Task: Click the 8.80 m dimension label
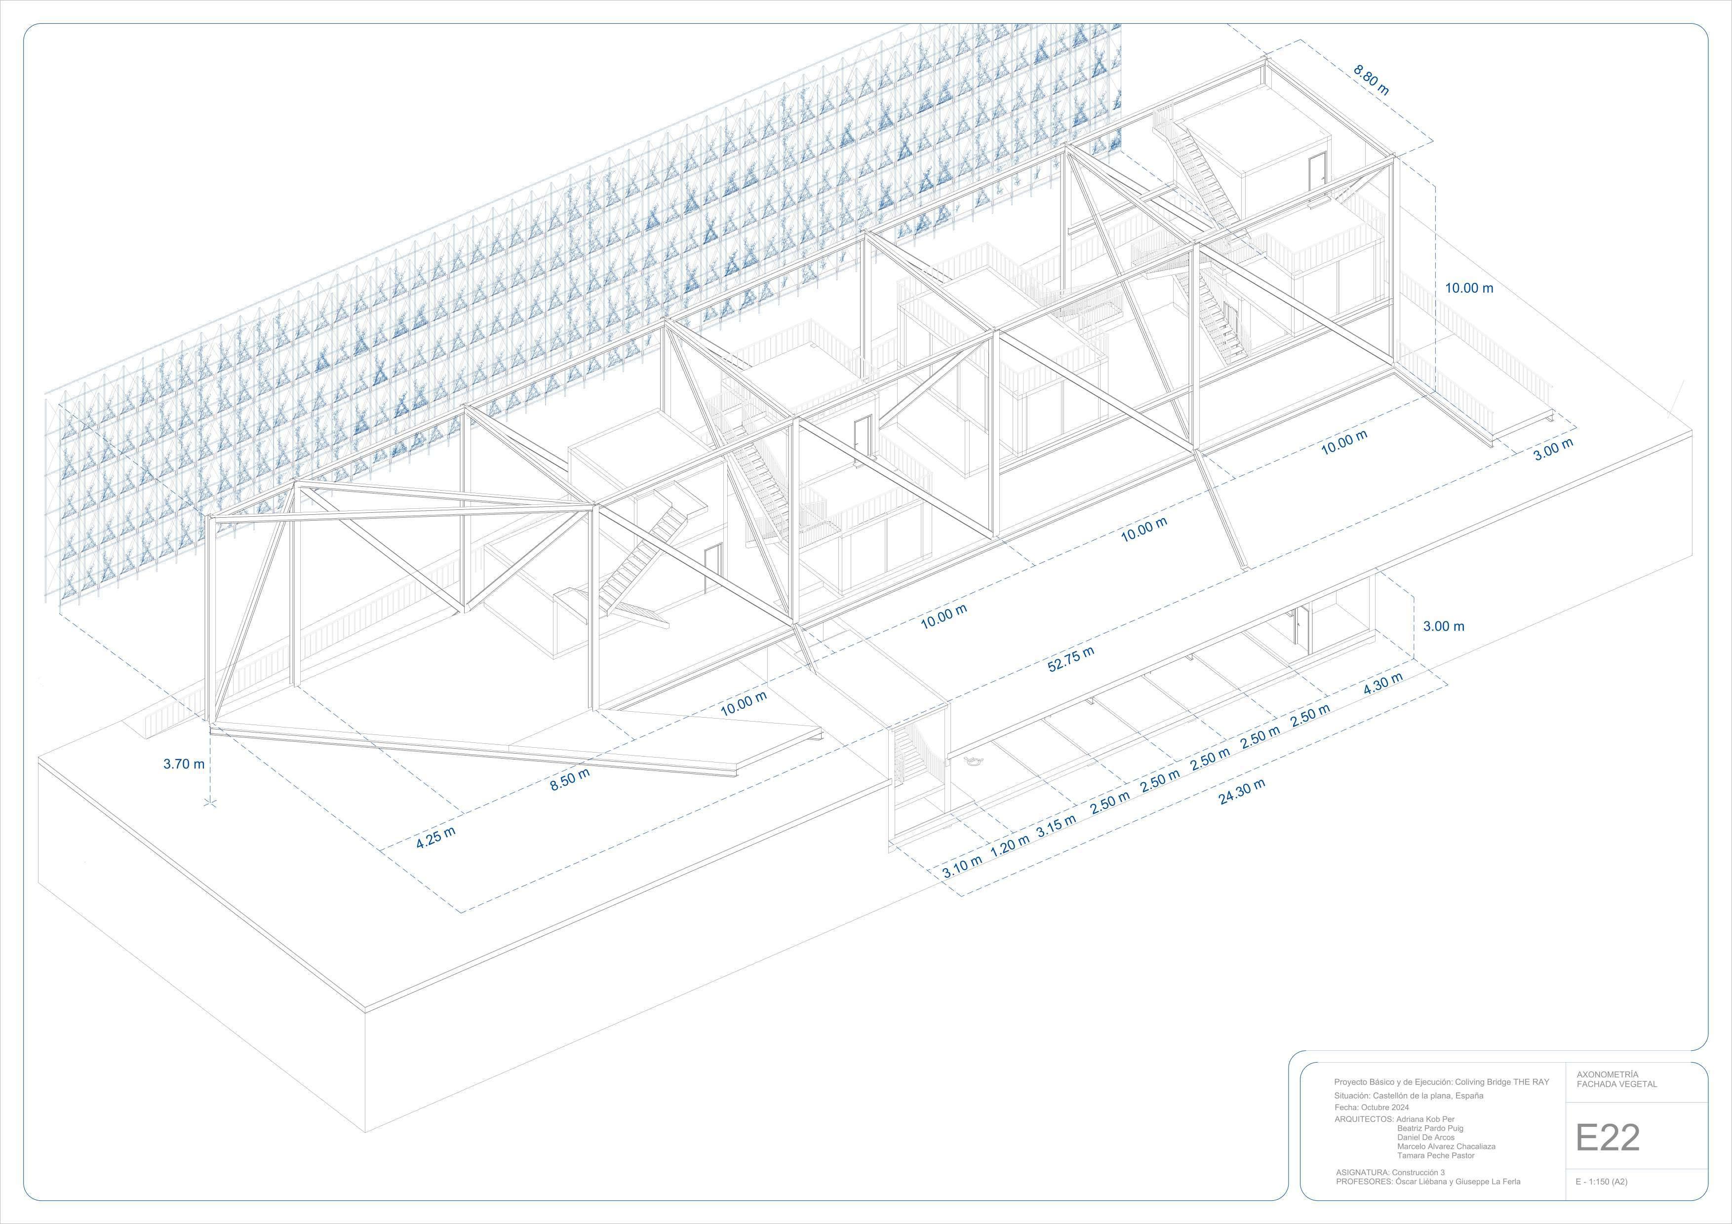[x=1371, y=80]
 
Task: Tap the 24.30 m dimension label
[x=1242, y=792]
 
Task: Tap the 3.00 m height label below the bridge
[x=1443, y=626]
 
